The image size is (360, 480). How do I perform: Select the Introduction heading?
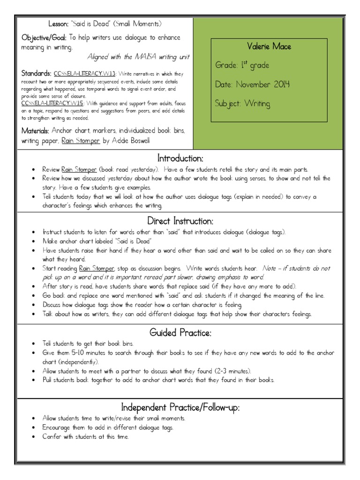click(x=180, y=158)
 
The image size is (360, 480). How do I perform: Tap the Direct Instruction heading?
click(x=180, y=220)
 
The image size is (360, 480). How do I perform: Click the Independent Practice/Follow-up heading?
click(x=180, y=407)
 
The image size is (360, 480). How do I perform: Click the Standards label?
click(x=36, y=74)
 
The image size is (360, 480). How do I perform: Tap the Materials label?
click(x=36, y=130)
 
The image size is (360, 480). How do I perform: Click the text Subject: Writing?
click(x=242, y=104)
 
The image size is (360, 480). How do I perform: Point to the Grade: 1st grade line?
click(x=242, y=65)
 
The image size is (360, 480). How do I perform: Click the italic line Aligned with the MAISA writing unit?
click(x=138, y=56)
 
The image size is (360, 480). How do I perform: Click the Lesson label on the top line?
click(x=58, y=23)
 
